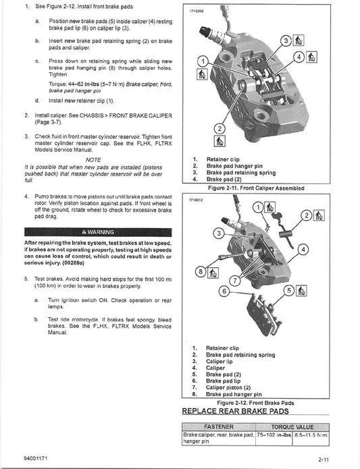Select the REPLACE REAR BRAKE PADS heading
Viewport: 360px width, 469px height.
[x=234, y=410]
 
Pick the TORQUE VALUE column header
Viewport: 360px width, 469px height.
[x=296, y=426]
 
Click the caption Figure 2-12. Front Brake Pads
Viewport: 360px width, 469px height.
[x=257, y=402]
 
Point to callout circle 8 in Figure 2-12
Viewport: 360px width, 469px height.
[x=200, y=272]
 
